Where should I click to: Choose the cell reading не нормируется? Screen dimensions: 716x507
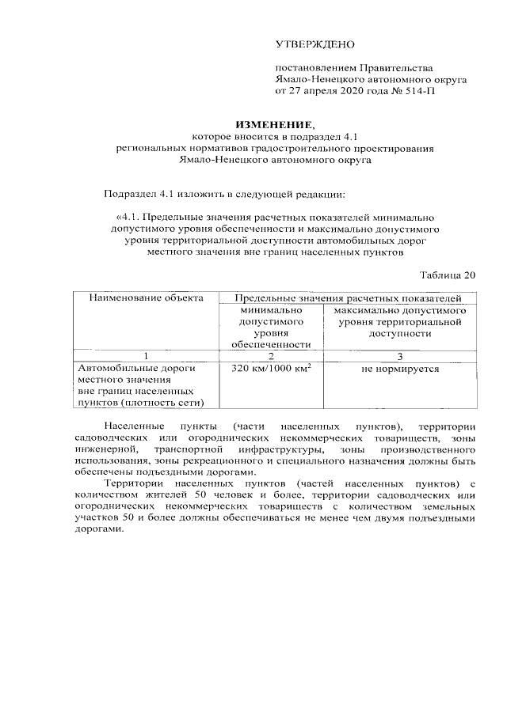[x=400, y=369]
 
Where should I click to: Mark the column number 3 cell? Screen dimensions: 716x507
[x=400, y=355]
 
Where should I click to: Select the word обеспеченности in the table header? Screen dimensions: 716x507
[x=270, y=344]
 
